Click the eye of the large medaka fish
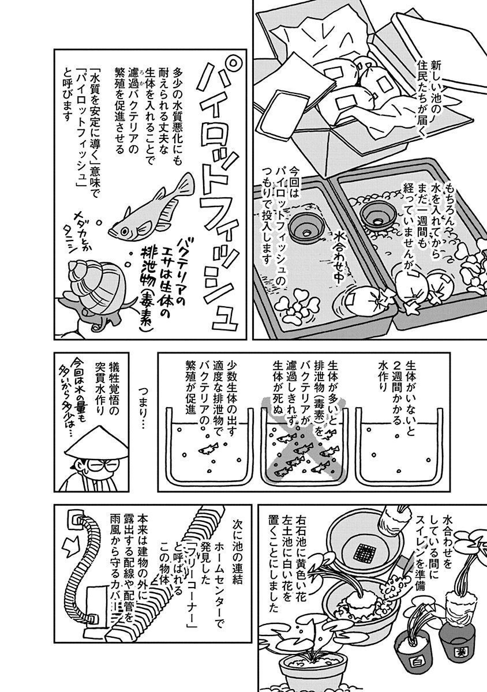click(125, 231)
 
